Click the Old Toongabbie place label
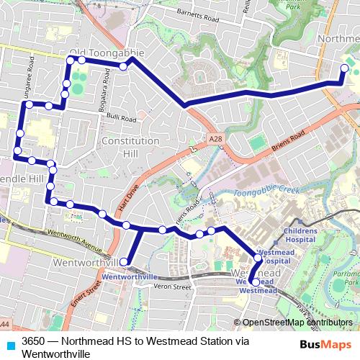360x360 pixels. point(106,53)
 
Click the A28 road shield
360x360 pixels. point(214,138)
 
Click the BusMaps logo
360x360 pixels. point(320,345)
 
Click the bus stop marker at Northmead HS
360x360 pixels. point(344,68)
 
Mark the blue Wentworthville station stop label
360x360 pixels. point(130,276)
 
